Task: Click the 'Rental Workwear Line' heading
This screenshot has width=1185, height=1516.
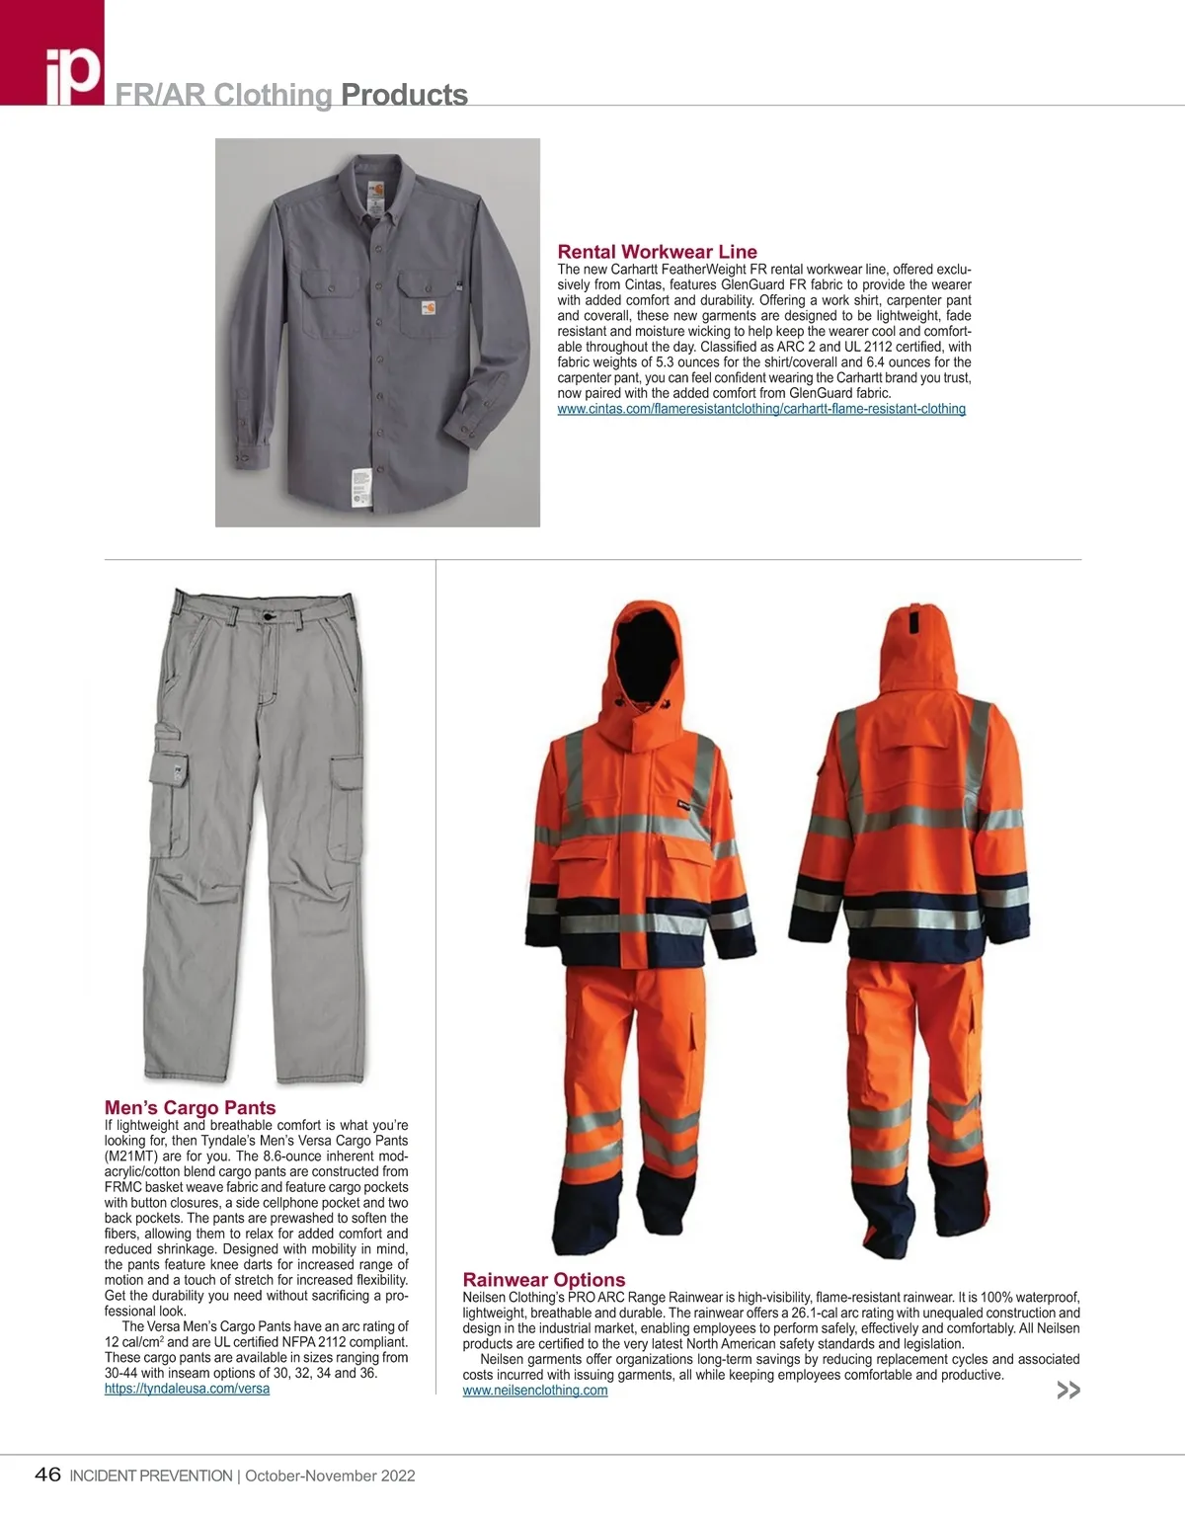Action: [657, 252]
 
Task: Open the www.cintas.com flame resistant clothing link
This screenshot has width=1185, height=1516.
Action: [760, 409]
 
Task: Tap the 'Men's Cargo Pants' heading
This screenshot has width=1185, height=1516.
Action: [190, 1108]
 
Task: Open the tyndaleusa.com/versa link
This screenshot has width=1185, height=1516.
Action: [187, 1389]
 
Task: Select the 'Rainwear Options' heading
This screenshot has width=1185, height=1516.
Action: [543, 1280]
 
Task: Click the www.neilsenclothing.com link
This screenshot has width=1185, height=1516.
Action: [534, 1391]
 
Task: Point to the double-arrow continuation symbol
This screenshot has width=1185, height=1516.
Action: [1068, 1391]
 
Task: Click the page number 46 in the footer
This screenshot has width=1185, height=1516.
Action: [47, 1476]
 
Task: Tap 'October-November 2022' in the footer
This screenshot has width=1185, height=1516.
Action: [330, 1476]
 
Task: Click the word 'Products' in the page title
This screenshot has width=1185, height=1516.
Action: [404, 95]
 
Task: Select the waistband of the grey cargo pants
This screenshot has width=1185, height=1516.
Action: [263, 605]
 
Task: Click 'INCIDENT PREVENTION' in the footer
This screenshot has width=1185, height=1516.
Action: [151, 1476]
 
